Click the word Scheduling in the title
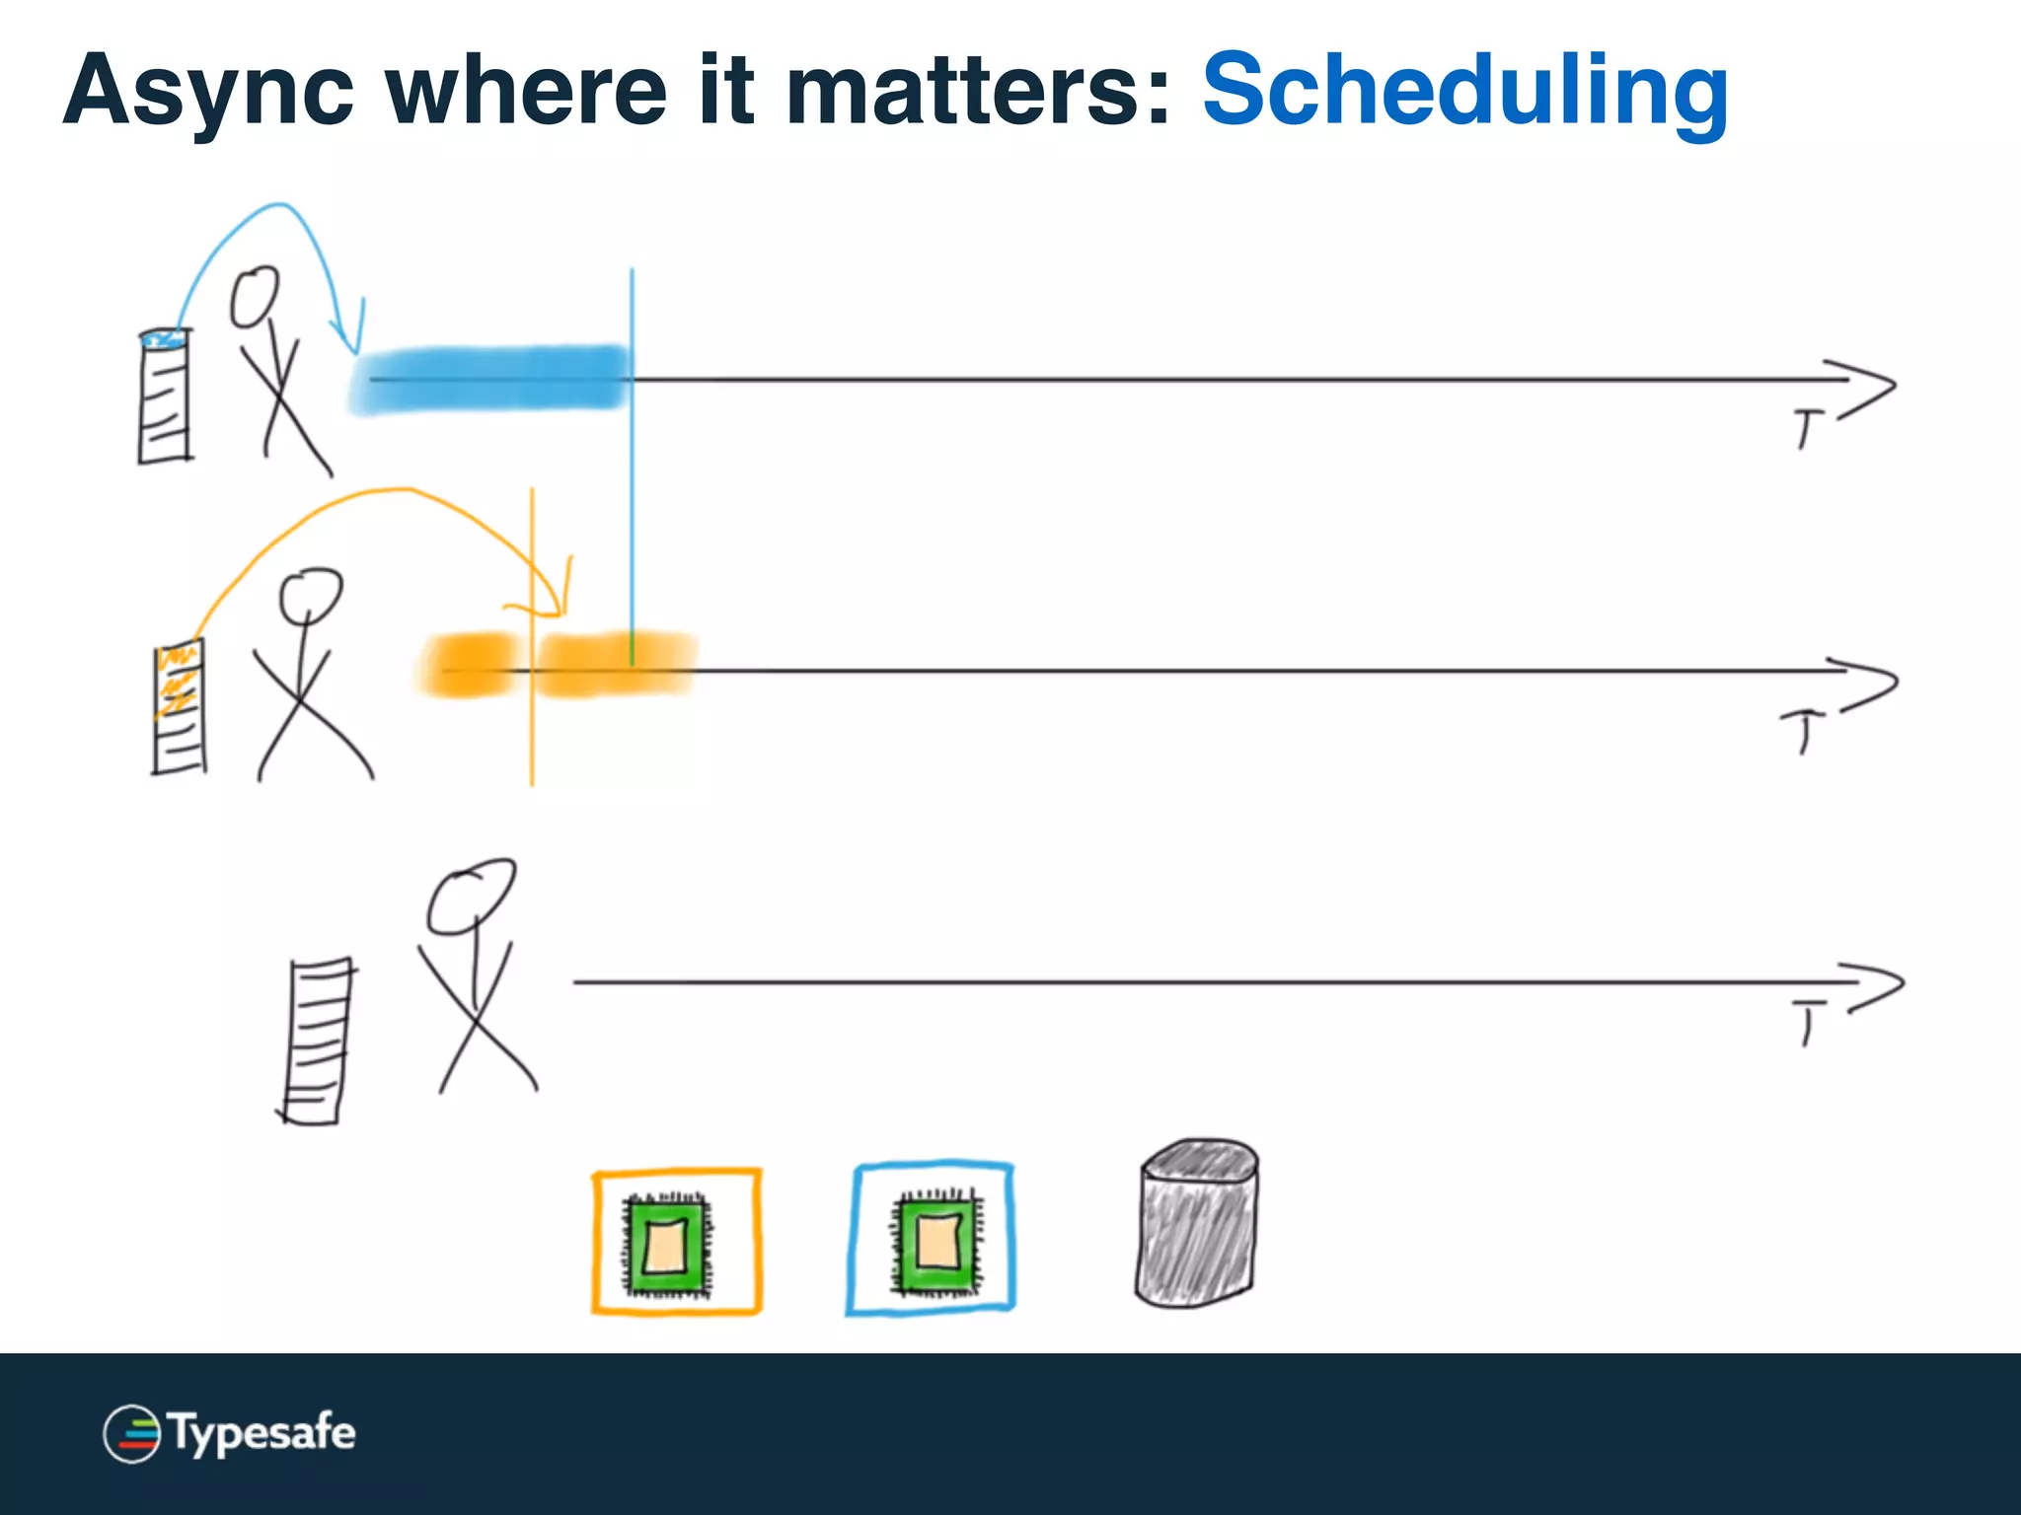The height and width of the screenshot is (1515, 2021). pos(1464,92)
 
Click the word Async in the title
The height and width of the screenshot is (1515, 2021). pos(208,92)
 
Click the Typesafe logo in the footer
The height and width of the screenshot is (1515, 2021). pos(229,1432)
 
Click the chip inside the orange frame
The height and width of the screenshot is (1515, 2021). pos(666,1244)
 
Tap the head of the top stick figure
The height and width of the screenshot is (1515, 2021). pos(255,296)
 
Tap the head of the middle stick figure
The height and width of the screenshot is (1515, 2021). pos(311,594)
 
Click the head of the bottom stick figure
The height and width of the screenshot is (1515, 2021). pos(471,896)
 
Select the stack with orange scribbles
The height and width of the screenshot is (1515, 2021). pos(180,707)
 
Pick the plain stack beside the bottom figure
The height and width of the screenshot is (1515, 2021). pos(317,1041)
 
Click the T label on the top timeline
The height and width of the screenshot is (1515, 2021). pos(1807,429)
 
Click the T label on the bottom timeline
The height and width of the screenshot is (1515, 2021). pos(1808,1022)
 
